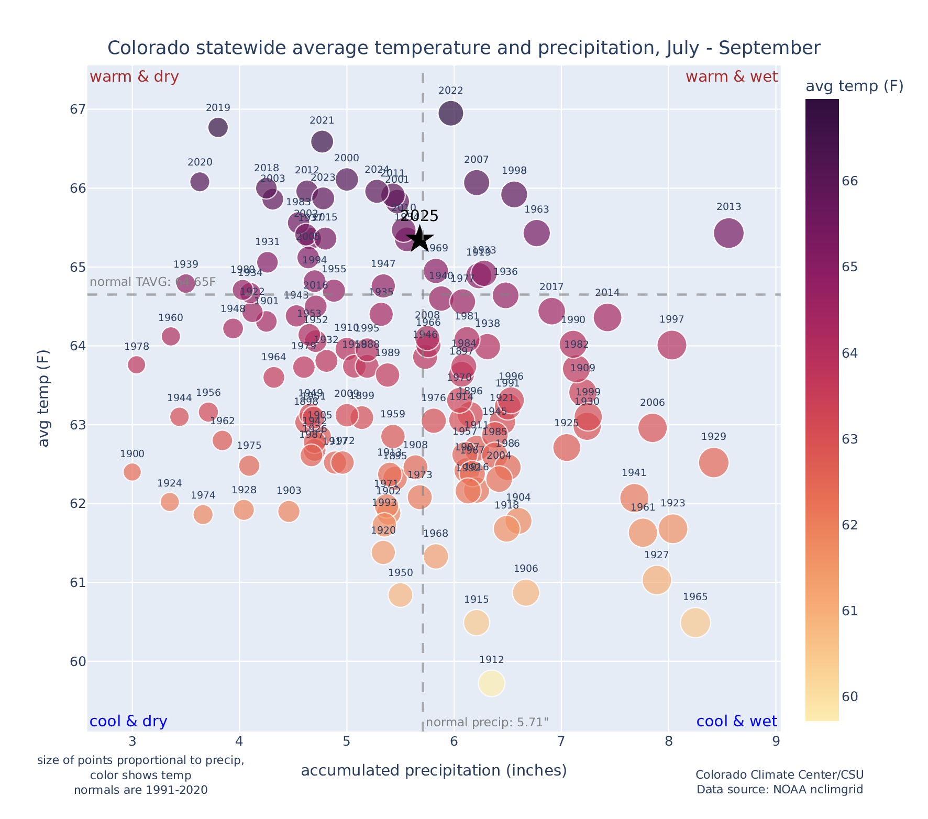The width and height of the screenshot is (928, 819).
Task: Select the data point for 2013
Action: click(x=728, y=233)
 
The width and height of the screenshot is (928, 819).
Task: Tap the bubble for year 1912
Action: click(x=491, y=683)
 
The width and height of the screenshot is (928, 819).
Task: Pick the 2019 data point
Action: click(x=218, y=127)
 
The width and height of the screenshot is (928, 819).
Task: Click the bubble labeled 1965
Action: click(x=695, y=623)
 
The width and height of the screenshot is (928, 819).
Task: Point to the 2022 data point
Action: click(x=451, y=113)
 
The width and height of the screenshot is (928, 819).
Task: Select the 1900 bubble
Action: click(x=132, y=472)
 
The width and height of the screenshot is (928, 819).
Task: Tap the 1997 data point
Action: click(x=672, y=345)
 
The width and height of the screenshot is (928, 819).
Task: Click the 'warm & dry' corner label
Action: click(x=135, y=77)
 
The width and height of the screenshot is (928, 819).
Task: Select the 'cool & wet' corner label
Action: click(x=736, y=722)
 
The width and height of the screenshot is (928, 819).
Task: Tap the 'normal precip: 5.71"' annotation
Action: click(x=487, y=723)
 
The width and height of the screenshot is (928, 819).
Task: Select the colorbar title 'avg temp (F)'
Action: click(x=854, y=86)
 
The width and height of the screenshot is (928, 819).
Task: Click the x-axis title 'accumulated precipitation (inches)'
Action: click(x=434, y=770)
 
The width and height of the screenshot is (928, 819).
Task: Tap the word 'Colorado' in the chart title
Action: click(x=138, y=48)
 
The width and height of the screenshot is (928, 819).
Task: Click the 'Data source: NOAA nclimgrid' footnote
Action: click(x=779, y=789)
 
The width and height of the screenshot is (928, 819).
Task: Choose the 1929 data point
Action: click(x=713, y=462)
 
